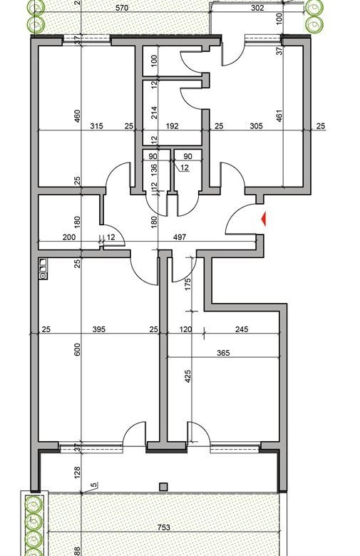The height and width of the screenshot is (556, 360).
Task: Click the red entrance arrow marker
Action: (x=264, y=219)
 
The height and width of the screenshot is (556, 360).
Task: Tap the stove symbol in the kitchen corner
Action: (x=43, y=269)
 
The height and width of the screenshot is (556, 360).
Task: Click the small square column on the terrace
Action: (x=163, y=487)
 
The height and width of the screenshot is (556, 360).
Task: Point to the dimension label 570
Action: (x=123, y=9)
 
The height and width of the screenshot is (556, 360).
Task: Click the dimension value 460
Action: (x=78, y=116)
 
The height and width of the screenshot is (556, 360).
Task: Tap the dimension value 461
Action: (x=279, y=116)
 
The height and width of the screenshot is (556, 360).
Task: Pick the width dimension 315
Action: (x=97, y=126)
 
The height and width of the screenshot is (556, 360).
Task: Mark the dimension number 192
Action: (x=174, y=126)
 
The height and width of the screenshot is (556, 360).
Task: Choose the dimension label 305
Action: (x=256, y=126)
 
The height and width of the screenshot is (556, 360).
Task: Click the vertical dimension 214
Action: (x=153, y=112)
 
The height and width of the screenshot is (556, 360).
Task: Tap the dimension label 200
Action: (x=68, y=237)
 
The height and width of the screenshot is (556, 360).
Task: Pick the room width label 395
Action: (x=99, y=329)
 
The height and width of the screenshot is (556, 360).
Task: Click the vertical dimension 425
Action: (x=187, y=376)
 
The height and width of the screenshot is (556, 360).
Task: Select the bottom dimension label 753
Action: (x=164, y=528)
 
